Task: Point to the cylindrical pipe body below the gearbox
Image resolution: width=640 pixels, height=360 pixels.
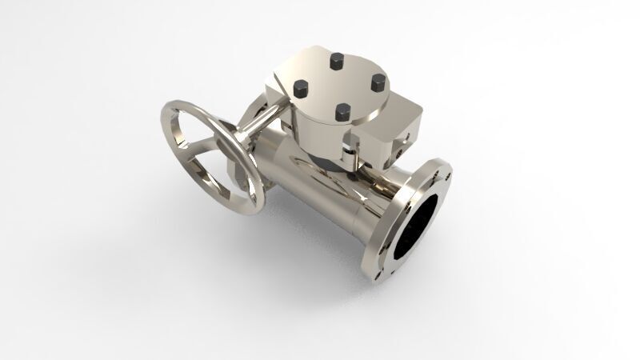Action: tap(320, 200)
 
